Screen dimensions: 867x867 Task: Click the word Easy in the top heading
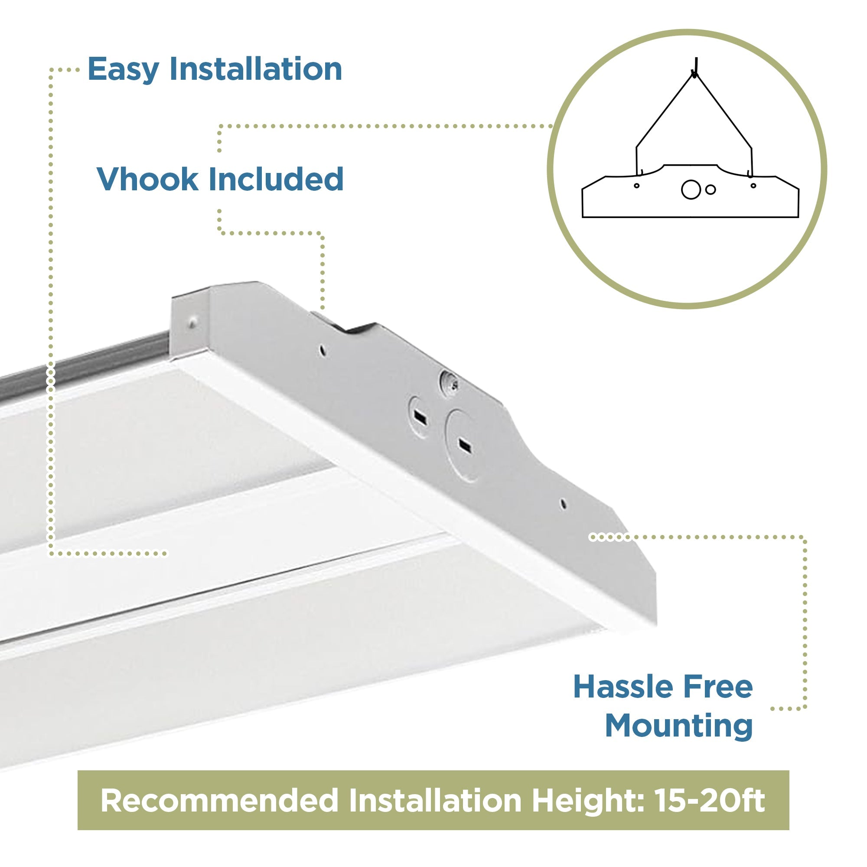124,69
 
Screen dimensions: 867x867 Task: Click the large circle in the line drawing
691,189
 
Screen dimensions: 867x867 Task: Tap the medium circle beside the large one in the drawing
711,190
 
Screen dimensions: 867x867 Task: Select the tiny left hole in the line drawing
636,186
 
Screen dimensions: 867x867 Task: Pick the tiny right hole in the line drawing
753,186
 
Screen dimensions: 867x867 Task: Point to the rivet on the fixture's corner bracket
192,321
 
